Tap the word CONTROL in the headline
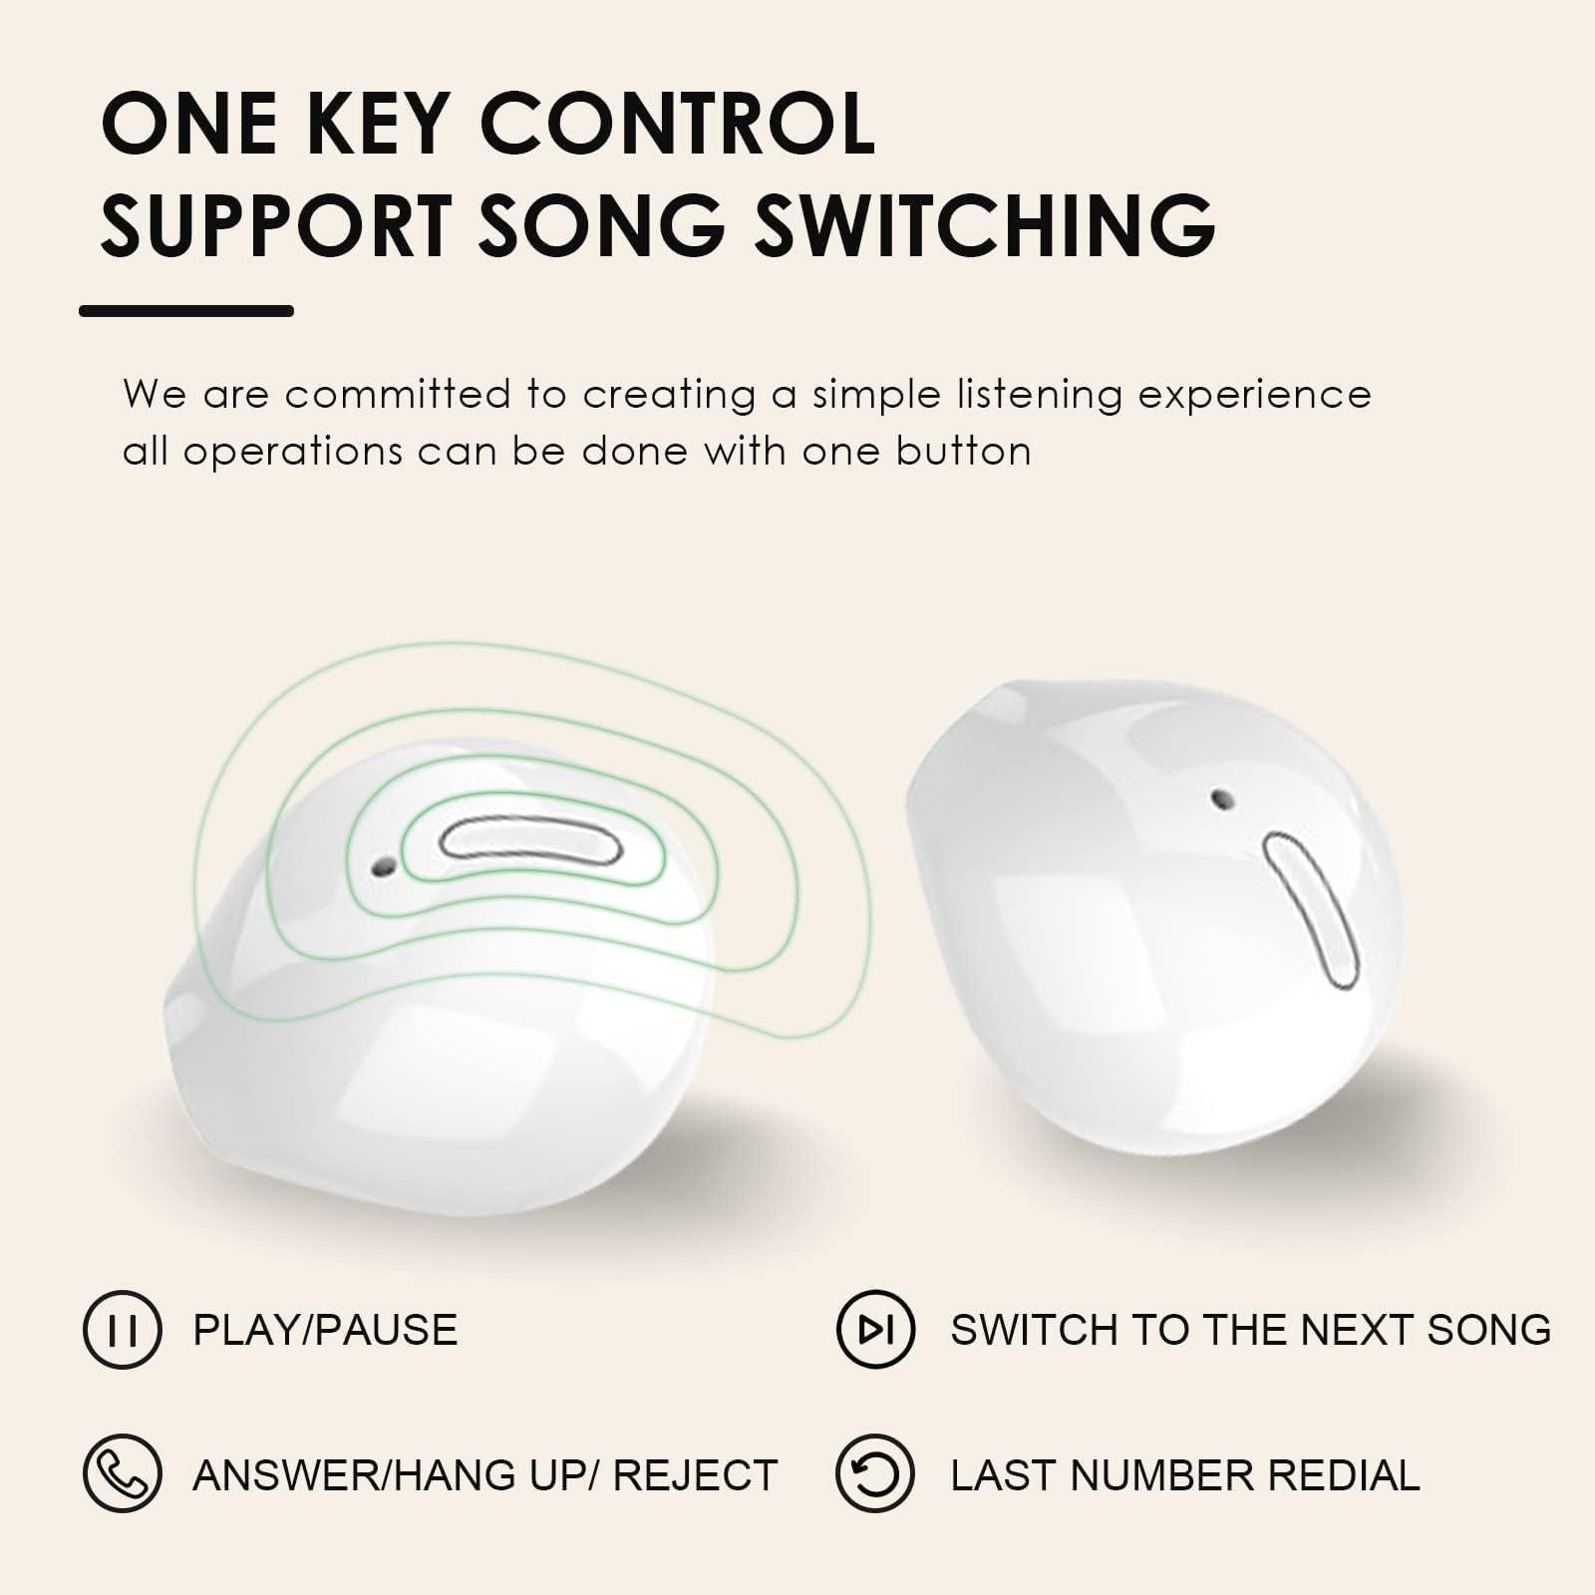(677, 124)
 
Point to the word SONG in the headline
(602, 224)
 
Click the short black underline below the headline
(186, 311)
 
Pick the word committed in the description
(398, 395)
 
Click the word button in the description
(963, 452)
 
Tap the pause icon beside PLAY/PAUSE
(122, 1329)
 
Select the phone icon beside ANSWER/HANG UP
(122, 1473)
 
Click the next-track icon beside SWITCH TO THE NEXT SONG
(874, 1329)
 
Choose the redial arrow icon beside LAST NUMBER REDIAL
(874, 1473)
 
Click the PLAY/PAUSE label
(325, 1330)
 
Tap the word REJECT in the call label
(695, 1475)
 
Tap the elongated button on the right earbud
(1311, 910)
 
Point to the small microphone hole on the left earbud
(380, 867)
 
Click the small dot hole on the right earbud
(1219, 798)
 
